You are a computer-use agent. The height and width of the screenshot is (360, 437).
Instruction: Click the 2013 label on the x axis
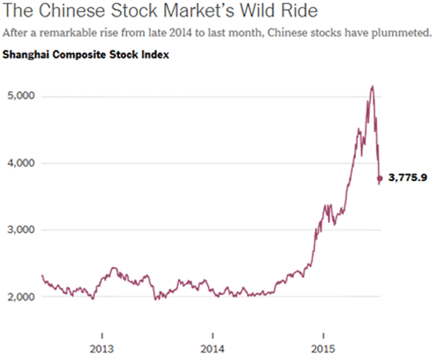click(x=102, y=349)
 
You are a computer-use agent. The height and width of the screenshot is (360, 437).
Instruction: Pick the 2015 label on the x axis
click(x=323, y=349)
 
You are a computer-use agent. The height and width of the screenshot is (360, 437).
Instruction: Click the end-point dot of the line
click(x=380, y=178)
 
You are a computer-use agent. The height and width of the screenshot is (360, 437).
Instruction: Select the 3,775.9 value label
click(x=408, y=178)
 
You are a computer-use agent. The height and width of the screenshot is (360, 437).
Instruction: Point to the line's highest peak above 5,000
click(x=372, y=86)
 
